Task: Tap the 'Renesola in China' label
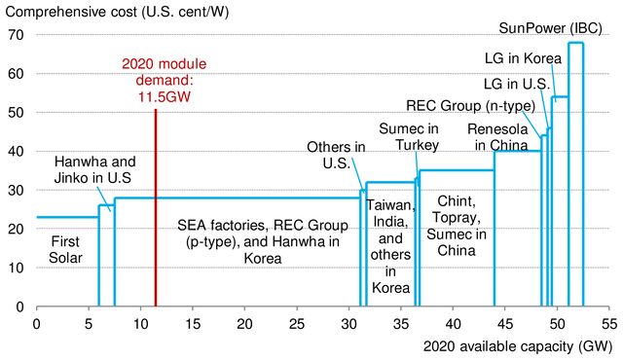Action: coord(500,136)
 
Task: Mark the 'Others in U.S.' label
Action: coord(336,156)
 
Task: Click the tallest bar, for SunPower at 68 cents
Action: coord(575,175)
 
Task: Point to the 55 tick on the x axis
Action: coord(608,321)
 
